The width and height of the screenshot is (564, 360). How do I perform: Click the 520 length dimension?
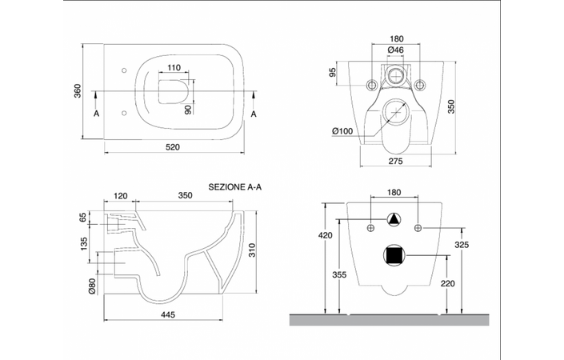coord(173,147)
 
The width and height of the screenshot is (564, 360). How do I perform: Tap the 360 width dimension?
coord(78,90)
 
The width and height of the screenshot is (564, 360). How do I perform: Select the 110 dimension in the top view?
coord(174,68)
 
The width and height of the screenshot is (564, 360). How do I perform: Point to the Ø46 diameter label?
coord(396,50)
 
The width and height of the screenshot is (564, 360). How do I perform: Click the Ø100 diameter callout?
coord(342,131)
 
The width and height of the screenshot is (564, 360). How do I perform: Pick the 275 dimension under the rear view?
coord(396,161)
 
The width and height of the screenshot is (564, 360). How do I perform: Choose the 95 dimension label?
coord(332,72)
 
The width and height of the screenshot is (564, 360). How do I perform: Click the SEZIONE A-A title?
coord(235,187)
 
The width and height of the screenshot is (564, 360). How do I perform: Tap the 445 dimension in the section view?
coord(168,314)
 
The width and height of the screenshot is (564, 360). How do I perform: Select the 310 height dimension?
coord(252,250)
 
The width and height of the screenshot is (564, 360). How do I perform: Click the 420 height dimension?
coord(326,235)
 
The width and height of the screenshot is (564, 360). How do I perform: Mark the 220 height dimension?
coord(448,284)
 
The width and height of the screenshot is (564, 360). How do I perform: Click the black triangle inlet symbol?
coord(394,219)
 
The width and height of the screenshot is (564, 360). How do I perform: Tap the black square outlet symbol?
coord(394,256)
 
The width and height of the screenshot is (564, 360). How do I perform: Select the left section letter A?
coord(96,114)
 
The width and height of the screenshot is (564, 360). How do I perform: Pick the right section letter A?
coord(254,114)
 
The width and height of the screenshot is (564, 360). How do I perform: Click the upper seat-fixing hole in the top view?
coord(125,70)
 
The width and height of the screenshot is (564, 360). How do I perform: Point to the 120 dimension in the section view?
coord(121,196)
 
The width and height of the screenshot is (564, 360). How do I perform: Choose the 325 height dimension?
coord(462,245)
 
